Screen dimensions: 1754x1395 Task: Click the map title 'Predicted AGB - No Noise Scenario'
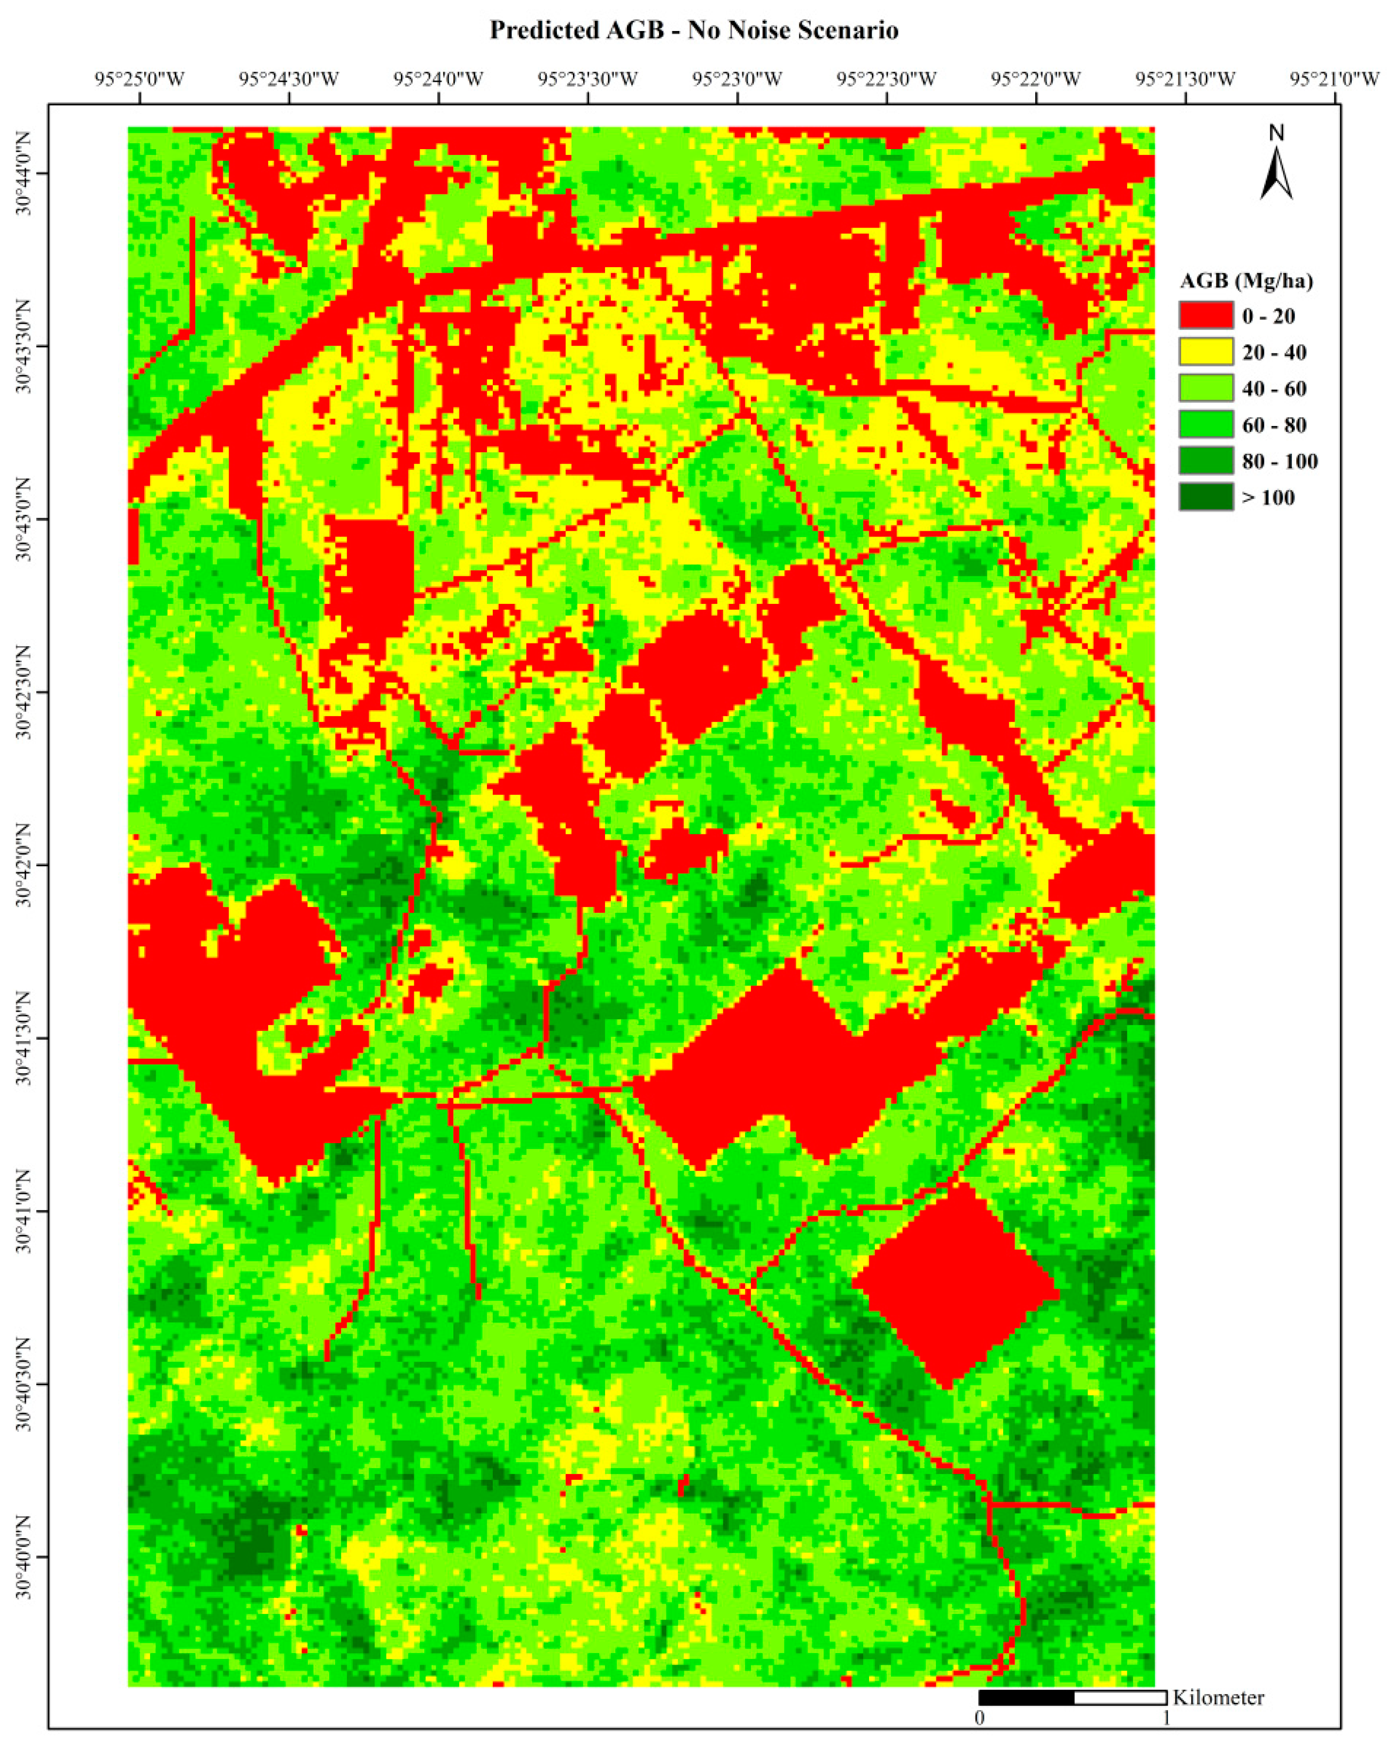click(694, 31)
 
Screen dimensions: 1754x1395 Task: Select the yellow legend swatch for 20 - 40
click(1205, 352)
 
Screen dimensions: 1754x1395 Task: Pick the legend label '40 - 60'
click(1274, 389)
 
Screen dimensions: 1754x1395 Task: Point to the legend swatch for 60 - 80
click(1205, 425)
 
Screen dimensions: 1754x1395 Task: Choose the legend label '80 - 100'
click(1280, 461)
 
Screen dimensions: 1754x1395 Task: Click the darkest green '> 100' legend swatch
click(1205, 497)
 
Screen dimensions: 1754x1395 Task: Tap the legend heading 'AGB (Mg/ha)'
click(1246, 282)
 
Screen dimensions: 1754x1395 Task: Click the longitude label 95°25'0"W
click(140, 79)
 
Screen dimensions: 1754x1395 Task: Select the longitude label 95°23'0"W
click(737, 79)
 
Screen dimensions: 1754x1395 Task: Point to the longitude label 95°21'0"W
click(1335, 79)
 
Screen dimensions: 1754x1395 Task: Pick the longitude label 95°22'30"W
click(887, 79)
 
